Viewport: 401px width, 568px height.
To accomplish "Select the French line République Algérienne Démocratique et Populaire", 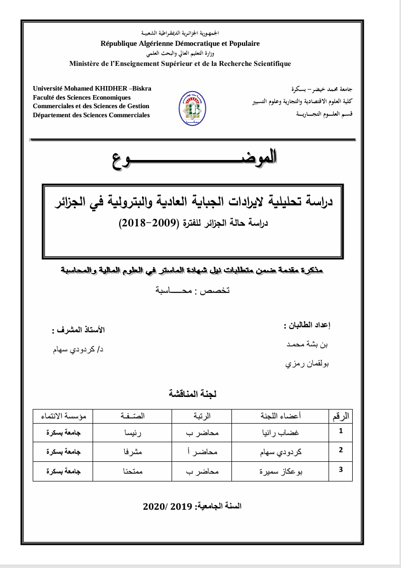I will (180, 44).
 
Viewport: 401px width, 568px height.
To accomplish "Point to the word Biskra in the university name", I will (141, 89).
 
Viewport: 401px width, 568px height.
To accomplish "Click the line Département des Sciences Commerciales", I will (91, 115).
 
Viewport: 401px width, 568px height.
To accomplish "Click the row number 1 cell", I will (341, 431).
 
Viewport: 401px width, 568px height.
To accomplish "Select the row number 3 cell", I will (341, 470).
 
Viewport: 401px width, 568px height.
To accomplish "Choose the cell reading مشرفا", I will (133, 451).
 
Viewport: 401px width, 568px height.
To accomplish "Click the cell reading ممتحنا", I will (133, 471).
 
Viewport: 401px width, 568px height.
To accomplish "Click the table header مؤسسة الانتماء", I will (62, 416).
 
